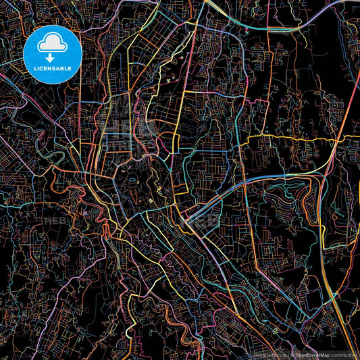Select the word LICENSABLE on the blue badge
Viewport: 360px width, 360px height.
coord(52,68)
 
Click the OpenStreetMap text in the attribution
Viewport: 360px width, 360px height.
coord(317,354)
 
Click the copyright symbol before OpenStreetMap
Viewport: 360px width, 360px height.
coord(292,354)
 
